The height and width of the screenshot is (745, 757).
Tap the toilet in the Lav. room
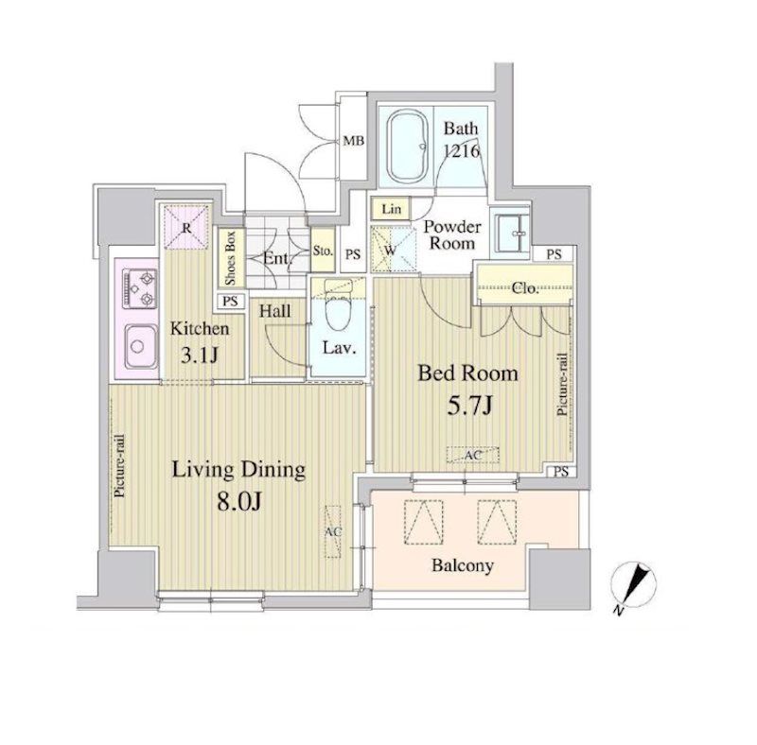[x=338, y=306]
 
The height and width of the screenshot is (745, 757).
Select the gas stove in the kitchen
[x=140, y=289]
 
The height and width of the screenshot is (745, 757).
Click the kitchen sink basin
[x=141, y=346]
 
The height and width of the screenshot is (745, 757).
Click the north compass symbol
[x=634, y=586]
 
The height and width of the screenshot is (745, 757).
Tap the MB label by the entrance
[x=353, y=141]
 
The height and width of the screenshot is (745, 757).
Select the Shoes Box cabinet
[x=231, y=258]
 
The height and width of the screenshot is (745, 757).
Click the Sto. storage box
[x=323, y=250]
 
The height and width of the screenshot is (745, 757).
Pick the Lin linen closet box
[x=391, y=209]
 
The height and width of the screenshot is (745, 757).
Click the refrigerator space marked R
[x=186, y=227]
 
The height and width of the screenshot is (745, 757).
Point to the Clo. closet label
[x=525, y=288]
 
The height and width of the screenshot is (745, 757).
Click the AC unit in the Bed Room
[x=472, y=455]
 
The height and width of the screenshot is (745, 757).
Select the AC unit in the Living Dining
[x=333, y=531]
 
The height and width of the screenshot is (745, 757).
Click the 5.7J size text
[x=469, y=406]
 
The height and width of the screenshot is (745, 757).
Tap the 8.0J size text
[x=239, y=502]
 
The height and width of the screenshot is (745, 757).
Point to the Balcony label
[x=463, y=565]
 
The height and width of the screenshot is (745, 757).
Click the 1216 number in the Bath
[x=462, y=151]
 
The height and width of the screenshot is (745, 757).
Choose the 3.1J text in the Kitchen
[x=200, y=355]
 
